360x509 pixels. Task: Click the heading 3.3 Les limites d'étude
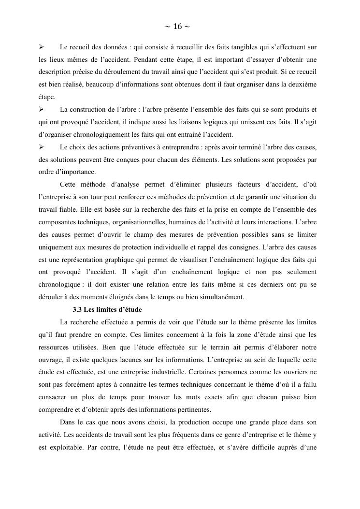tap(107, 309)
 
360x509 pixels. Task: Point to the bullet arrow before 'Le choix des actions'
tap(42, 146)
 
